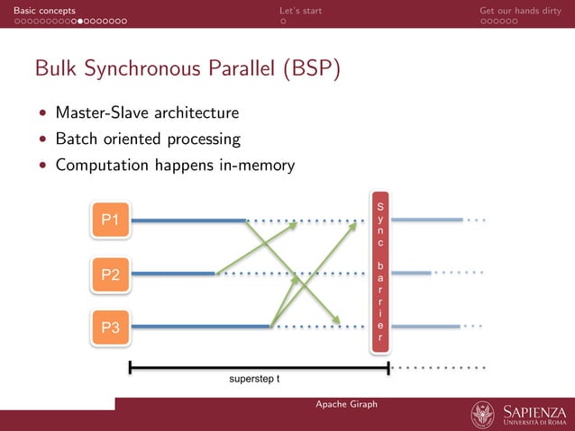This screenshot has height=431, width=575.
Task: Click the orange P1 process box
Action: tap(111, 219)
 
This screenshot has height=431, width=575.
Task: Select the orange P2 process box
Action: tap(111, 274)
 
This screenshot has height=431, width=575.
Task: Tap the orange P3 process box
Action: tap(111, 328)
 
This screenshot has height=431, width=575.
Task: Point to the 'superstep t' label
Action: tap(254, 379)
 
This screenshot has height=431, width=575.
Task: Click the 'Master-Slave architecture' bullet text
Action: tap(147, 113)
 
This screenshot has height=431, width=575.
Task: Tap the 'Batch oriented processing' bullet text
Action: tap(148, 139)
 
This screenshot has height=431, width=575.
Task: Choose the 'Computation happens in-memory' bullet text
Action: tap(175, 166)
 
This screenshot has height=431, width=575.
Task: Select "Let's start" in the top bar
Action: tap(300, 10)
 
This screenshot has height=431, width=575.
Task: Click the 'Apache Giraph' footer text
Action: tap(346, 404)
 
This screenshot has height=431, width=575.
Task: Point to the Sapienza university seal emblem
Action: tap(483, 415)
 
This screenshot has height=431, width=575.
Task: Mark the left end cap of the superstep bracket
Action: tap(131, 367)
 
